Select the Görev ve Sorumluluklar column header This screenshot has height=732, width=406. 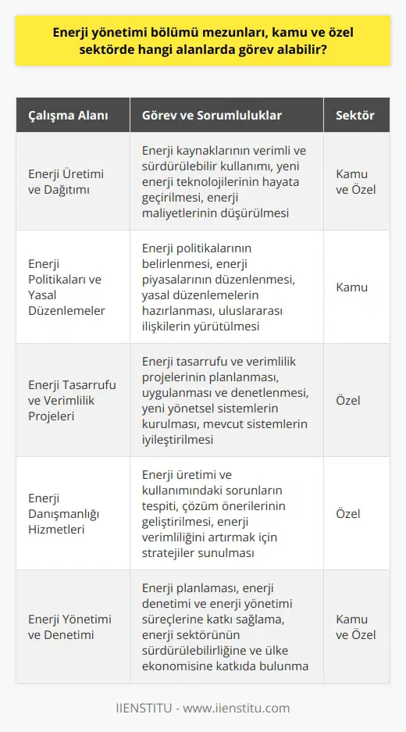pyautogui.click(x=212, y=115)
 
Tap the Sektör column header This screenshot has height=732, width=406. pyautogui.click(x=355, y=115)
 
